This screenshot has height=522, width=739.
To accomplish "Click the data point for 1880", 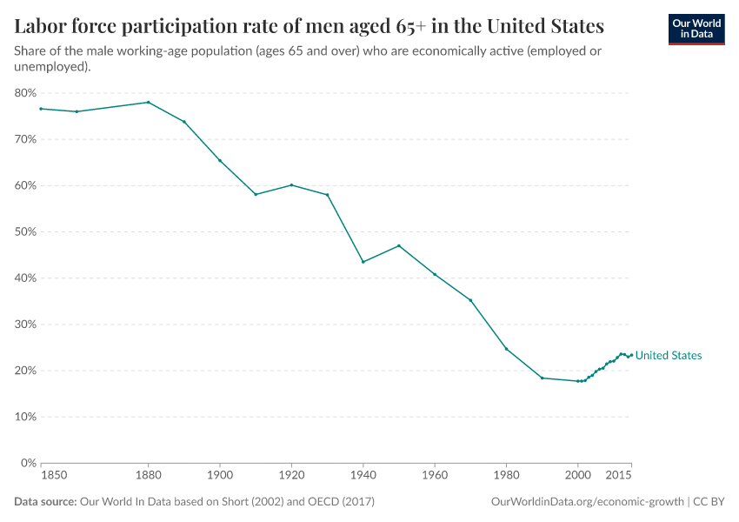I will point(148,102).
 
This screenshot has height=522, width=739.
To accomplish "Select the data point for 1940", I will point(363,262).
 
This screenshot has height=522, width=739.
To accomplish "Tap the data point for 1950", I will point(398,245).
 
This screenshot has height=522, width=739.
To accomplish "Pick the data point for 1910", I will point(256,194).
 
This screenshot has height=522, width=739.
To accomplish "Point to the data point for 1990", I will point(542,378).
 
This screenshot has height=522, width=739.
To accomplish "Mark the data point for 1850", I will point(41,109).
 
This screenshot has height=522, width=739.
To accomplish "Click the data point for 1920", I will point(291,184).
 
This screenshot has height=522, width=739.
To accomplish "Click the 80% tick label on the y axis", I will point(25,93).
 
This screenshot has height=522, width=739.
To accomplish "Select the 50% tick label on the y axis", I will point(25,231).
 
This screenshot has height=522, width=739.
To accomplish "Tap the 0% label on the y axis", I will point(28,463).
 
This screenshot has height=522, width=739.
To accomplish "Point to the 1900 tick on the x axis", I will point(219,476).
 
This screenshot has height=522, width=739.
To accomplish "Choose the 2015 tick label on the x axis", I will point(618,476).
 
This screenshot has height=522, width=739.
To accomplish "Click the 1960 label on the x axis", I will point(434,476).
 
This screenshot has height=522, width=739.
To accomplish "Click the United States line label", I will point(668,356).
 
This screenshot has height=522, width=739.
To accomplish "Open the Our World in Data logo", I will point(696,29).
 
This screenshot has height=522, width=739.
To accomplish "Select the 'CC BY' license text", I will point(709,502).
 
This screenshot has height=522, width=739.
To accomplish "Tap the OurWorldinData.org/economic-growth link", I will point(588,502).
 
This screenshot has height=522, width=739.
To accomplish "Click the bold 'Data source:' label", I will point(45,502).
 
